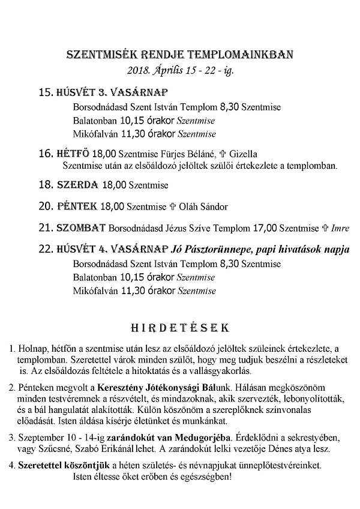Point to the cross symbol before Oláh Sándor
pyautogui.click(x=174, y=207)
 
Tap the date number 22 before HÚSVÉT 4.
pyautogui.click(x=45, y=249)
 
